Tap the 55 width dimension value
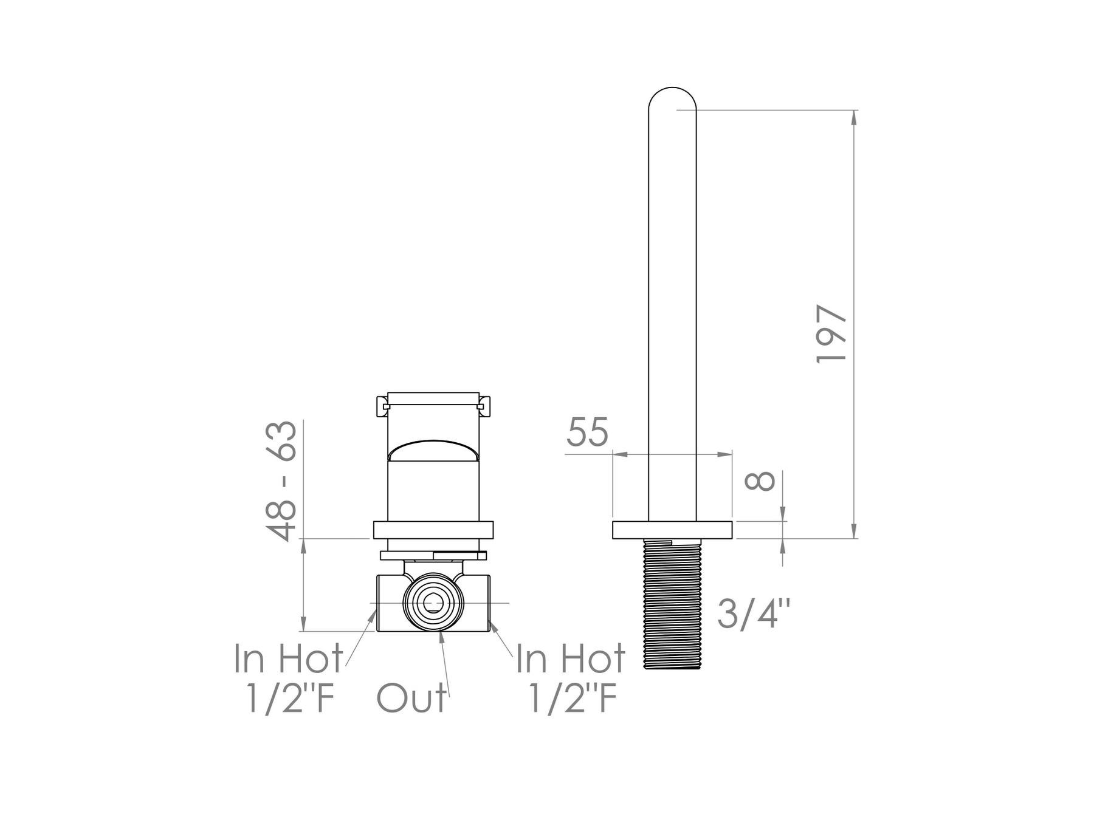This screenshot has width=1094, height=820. pyautogui.click(x=587, y=432)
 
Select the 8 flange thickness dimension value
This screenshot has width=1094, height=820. pyautogui.click(x=760, y=480)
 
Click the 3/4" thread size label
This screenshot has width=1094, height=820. pyautogui.click(x=754, y=613)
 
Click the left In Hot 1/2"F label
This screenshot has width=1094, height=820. pyautogui.click(x=289, y=678)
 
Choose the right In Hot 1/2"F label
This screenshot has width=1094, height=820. pyautogui.click(x=571, y=678)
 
